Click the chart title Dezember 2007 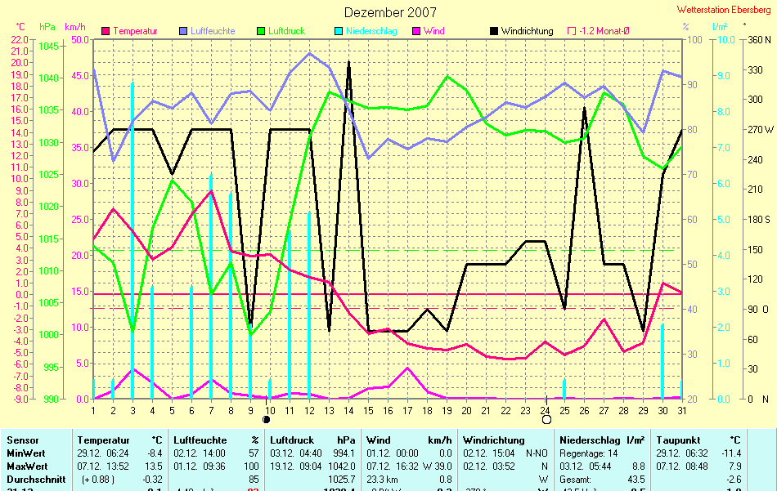[x=390, y=12]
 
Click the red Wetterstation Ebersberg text [x=723, y=10]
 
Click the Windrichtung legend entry [x=527, y=31]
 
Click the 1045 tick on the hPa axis [x=48, y=47]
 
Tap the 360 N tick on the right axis [x=759, y=39]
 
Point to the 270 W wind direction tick [x=758, y=129]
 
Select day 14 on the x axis [x=348, y=409]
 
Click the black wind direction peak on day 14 [x=349, y=62]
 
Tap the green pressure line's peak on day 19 [x=447, y=76]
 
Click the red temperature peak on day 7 [x=211, y=191]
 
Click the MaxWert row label [x=26, y=466]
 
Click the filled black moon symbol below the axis [x=266, y=419]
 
